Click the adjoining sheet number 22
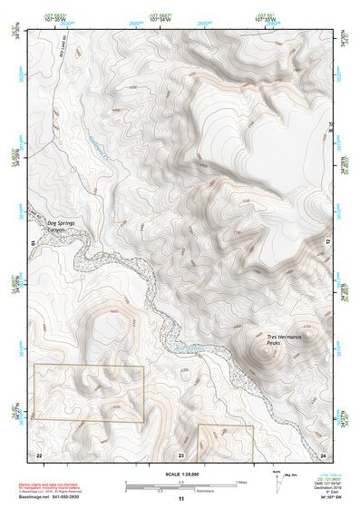(39, 454)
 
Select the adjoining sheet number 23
(180, 454)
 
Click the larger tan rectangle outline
(89, 393)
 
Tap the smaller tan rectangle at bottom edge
(225, 438)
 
